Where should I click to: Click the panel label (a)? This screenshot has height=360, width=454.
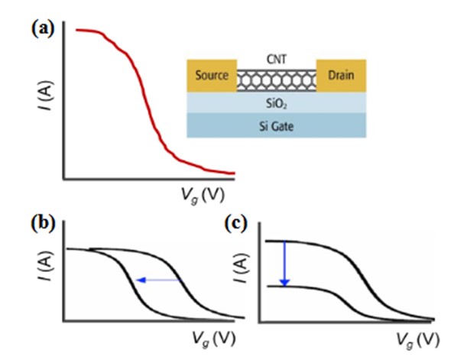(x=43, y=29)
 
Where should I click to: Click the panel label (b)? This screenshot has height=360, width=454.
(x=43, y=224)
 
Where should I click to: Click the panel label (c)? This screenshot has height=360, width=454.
(x=236, y=224)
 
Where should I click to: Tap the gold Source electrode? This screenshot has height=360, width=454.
(x=212, y=76)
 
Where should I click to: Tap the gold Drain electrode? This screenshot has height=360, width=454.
(x=341, y=76)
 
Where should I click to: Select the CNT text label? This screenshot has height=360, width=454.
(x=277, y=60)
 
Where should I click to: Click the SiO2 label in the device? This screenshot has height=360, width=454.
(x=277, y=104)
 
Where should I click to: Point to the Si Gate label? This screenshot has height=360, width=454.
(x=276, y=126)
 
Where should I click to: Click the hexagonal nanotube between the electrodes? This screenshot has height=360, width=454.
(x=277, y=80)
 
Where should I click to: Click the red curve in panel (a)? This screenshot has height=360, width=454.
(x=147, y=104)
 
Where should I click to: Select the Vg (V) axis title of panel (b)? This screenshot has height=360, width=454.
(x=214, y=339)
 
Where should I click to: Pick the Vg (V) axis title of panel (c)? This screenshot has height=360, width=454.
(x=417, y=339)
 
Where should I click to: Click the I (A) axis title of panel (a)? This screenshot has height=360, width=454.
(x=46, y=96)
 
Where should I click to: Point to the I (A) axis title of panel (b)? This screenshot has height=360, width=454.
(x=46, y=265)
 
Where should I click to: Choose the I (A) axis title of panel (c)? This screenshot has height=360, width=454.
(x=241, y=268)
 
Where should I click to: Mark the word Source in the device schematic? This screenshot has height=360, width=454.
(x=212, y=76)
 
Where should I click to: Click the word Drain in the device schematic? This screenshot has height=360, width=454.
(x=341, y=76)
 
